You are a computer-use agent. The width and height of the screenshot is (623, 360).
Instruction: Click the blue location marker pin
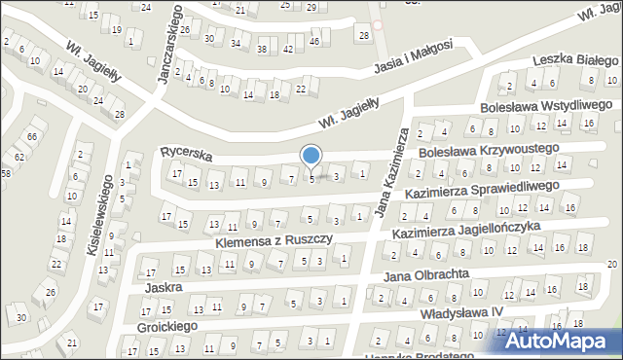pos(311,156)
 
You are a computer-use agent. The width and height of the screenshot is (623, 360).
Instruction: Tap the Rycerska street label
pos(186,153)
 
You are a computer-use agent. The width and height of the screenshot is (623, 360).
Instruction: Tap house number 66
pos(32,136)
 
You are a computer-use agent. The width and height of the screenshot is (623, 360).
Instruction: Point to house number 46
pos(312,42)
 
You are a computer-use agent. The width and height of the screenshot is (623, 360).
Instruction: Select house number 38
pos(261,49)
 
